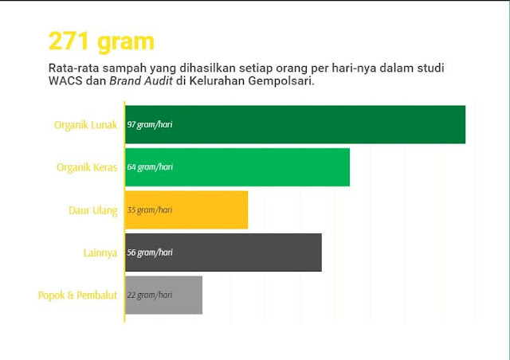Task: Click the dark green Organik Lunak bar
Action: click(296, 124)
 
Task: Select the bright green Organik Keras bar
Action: click(237, 167)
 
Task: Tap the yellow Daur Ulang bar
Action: click(186, 209)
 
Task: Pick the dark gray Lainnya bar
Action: click(223, 252)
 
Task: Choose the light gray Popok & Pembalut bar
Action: click(163, 295)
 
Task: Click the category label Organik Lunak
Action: click(85, 125)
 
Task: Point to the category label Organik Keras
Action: click(87, 168)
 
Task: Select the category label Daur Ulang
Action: click(93, 210)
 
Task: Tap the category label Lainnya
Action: click(100, 253)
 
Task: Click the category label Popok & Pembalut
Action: click(77, 295)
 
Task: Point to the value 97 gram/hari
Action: click(150, 124)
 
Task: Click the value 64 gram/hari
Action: click(150, 167)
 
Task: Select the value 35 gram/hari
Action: click(150, 209)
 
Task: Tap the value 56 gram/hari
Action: click(150, 252)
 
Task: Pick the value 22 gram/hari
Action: click(150, 295)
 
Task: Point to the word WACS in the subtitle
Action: click(65, 81)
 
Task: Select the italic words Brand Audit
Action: click(141, 81)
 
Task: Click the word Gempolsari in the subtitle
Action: click(281, 81)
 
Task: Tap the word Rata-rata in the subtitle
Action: click(74, 68)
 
